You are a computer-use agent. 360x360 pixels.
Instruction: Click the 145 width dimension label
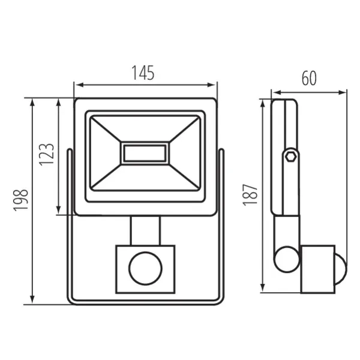(x=143, y=73)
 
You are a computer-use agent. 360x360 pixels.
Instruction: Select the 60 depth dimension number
(x=309, y=78)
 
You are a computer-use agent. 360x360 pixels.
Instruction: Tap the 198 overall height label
(x=21, y=200)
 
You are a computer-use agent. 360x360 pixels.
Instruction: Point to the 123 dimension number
(x=47, y=155)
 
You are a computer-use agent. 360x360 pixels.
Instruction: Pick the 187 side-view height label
(x=250, y=194)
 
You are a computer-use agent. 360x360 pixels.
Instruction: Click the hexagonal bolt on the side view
(x=290, y=157)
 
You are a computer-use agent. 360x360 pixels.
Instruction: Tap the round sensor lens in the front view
(x=145, y=268)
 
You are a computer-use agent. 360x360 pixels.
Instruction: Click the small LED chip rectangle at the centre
(x=145, y=153)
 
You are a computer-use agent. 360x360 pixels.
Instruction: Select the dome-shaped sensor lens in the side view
(x=341, y=269)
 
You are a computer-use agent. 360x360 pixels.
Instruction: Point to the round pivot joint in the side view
(x=287, y=259)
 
